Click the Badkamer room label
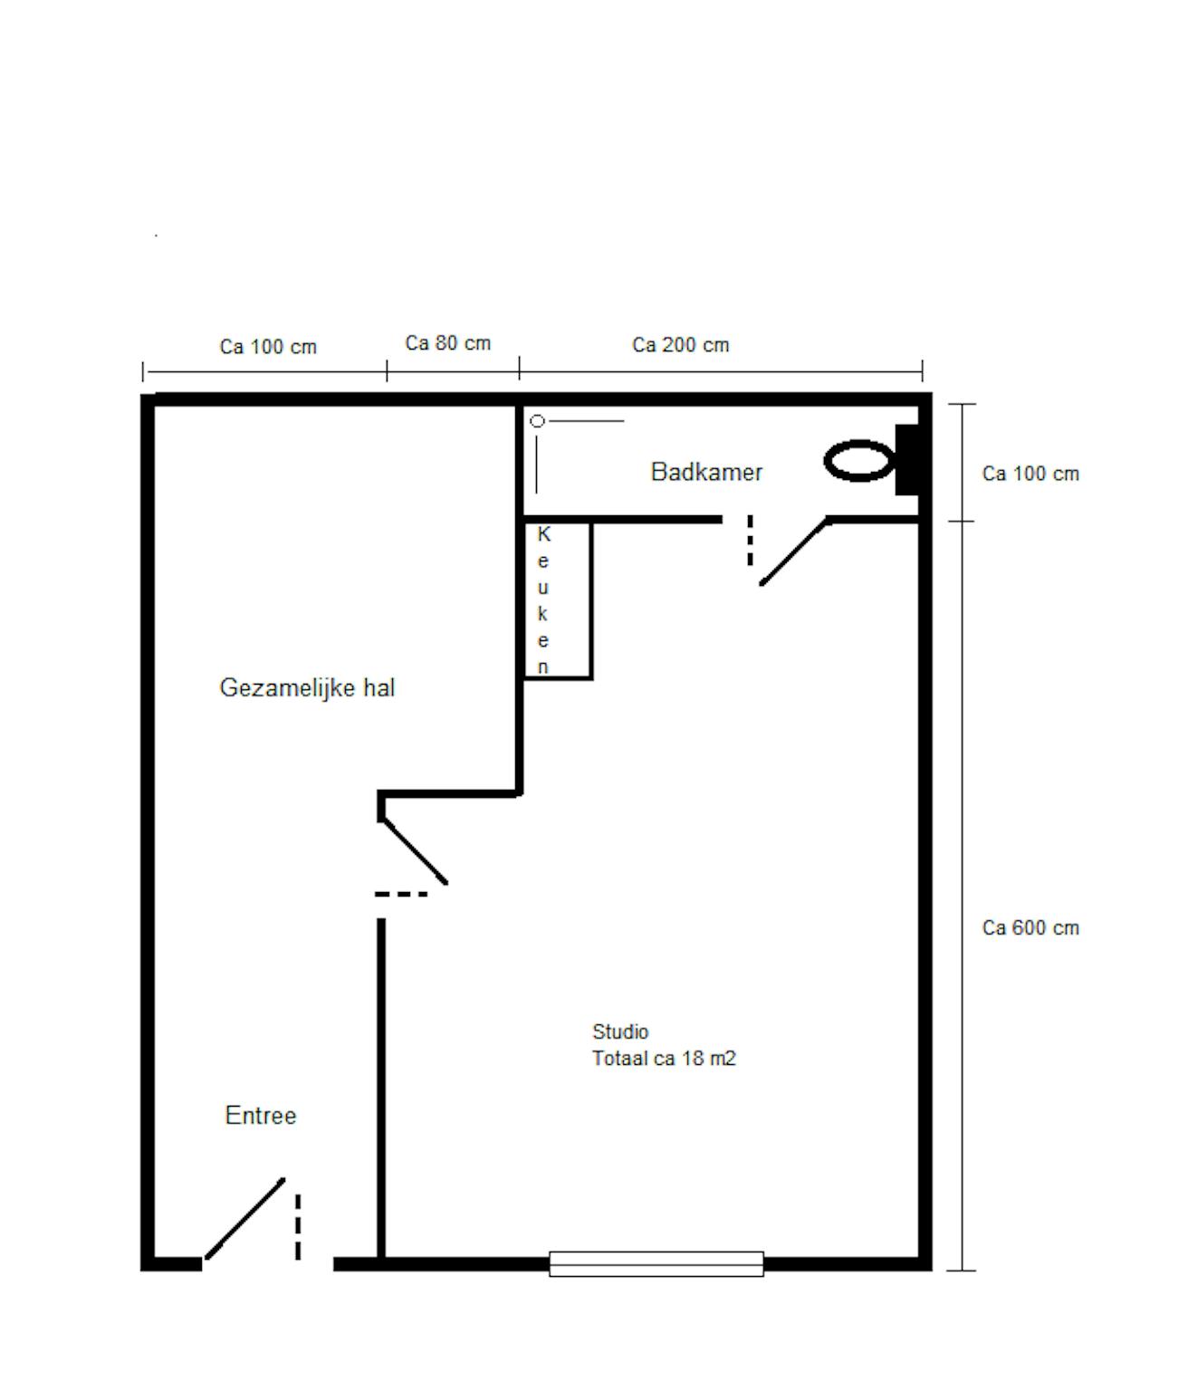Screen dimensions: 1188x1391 [705, 472]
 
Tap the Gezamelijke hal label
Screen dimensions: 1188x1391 [307, 687]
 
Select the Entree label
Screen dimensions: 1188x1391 [261, 1117]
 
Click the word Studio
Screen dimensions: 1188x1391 [619, 1032]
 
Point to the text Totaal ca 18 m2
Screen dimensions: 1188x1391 [664, 1060]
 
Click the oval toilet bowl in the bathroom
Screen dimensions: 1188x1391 [859, 461]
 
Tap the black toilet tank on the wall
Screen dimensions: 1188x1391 [906, 460]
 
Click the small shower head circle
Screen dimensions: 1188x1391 [537, 421]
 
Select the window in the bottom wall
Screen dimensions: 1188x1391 [656, 1264]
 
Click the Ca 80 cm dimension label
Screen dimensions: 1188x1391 [448, 343]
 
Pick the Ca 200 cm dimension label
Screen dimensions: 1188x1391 [680, 345]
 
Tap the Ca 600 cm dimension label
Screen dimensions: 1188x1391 [1030, 928]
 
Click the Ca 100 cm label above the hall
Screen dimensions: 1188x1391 [268, 347]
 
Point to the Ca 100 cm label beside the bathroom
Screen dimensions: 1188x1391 [1030, 475]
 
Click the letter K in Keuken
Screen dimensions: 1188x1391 [543, 534]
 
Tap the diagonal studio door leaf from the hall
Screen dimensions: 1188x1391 [414, 851]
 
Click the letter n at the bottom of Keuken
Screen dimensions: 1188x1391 [543, 667]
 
